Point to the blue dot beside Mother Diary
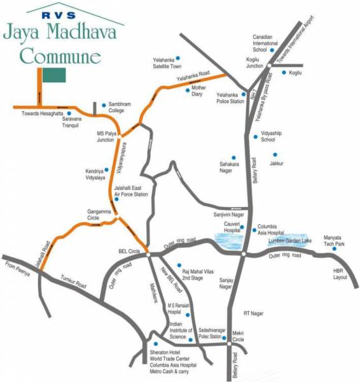187,91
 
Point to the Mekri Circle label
239,336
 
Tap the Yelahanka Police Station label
228,97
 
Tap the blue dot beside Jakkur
275,155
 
